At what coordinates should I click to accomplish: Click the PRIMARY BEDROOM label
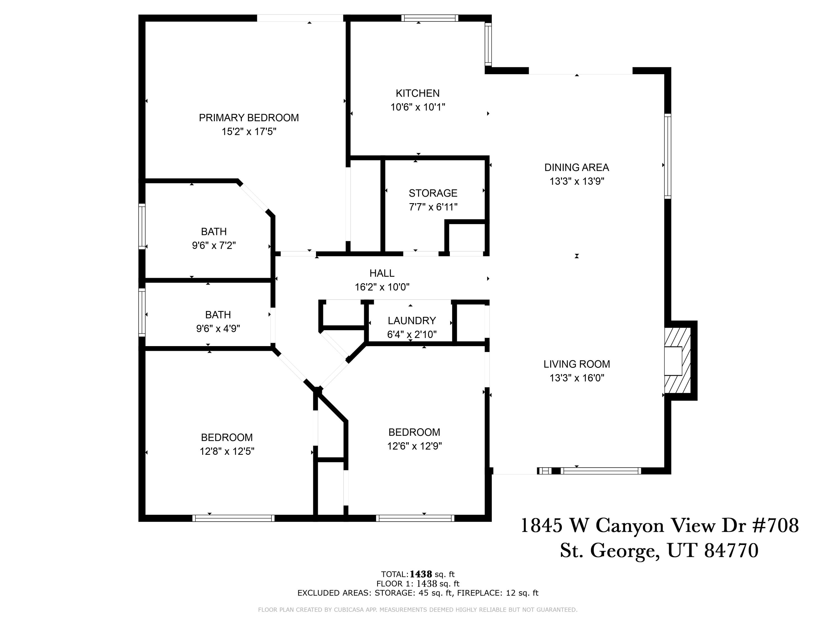pyautogui.click(x=249, y=118)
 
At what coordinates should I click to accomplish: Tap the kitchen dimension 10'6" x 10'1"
pyautogui.click(x=418, y=107)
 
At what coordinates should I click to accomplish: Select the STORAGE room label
pyautogui.click(x=433, y=193)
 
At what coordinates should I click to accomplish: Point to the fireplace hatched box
pyautogui.click(x=678, y=361)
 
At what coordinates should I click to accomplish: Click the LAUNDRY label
pyautogui.click(x=412, y=320)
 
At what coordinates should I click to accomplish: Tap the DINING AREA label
pyautogui.click(x=576, y=167)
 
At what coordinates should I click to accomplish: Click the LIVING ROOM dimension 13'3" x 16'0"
pyautogui.click(x=576, y=378)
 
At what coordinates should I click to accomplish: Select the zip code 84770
pyautogui.click(x=731, y=551)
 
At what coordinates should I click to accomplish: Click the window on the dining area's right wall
pyautogui.click(x=668, y=156)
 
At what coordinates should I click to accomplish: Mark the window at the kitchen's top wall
pyautogui.click(x=430, y=18)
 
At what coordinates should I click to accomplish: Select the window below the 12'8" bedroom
pyautogui.click(x=233, y=518)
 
